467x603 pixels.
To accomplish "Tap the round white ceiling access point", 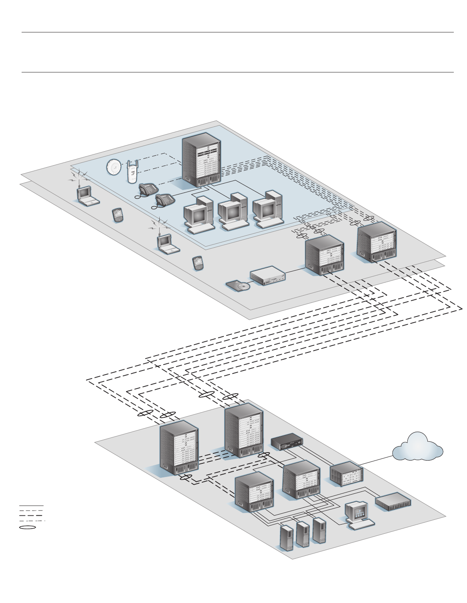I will click(114, 167).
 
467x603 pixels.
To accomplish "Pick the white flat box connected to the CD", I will click(268, 276).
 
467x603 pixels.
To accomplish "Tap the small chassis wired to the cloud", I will click(347, 474).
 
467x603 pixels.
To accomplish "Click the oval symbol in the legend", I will click(28, 527).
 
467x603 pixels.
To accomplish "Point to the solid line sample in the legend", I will click(31, 506).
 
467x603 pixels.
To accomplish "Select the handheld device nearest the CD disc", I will click(197, 263).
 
